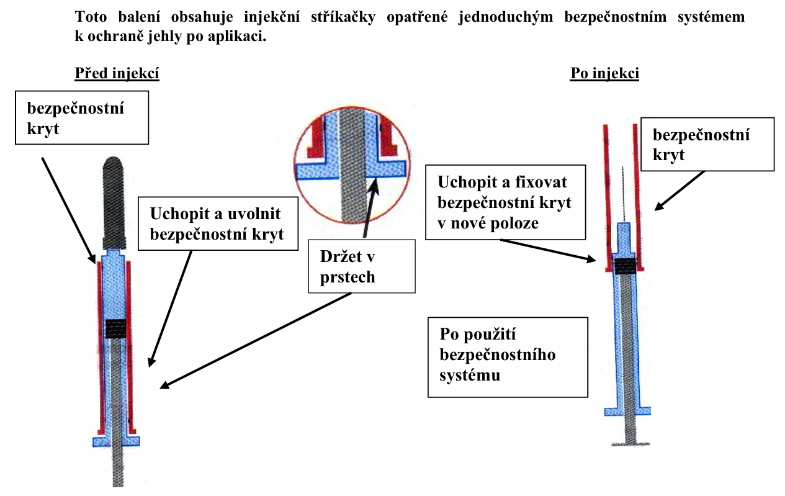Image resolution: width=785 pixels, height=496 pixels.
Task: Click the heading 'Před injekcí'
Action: coord(117,74)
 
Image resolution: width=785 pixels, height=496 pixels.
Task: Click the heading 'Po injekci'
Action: coord(604,74)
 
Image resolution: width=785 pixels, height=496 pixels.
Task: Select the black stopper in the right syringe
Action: coord(625,265)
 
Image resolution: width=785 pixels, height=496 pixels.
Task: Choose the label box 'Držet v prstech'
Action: coord(362,266)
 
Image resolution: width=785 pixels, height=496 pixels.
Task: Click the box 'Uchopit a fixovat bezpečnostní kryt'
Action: coord(505,202)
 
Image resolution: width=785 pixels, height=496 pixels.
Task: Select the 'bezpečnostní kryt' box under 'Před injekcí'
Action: coord(82,117)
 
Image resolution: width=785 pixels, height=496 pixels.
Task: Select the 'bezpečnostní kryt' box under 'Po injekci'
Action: coord(708,144)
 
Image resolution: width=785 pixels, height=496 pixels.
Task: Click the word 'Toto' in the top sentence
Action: coord(90,17)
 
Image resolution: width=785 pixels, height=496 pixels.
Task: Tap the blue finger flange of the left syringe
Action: coord(115,440)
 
